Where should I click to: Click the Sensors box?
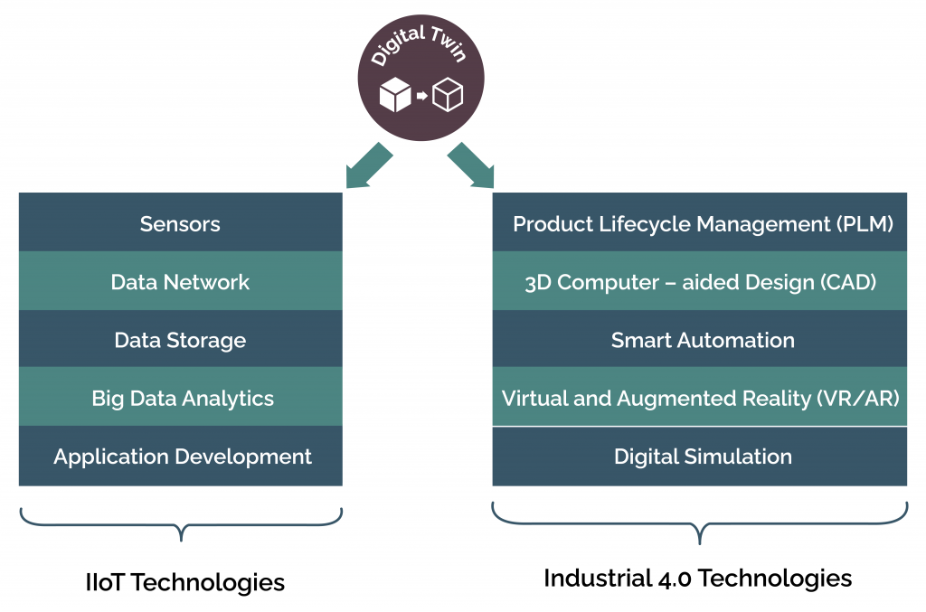tap(180, 222)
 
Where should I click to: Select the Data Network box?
tap(180, 281)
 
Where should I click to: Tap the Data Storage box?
tap(180, 340)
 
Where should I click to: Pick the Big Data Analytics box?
tap(180, 398)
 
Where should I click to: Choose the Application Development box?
tap(180, 457)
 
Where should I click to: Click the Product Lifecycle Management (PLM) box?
tap(700, 222)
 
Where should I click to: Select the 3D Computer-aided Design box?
tap(700, 281)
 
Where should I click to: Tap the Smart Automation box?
tap(700, 340)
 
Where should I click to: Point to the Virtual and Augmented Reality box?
tap(700, 398)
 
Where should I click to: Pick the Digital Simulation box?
tap(700, 457)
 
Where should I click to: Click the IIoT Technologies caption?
tap(184, 582)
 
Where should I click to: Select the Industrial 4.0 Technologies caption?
tap(697, 578)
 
